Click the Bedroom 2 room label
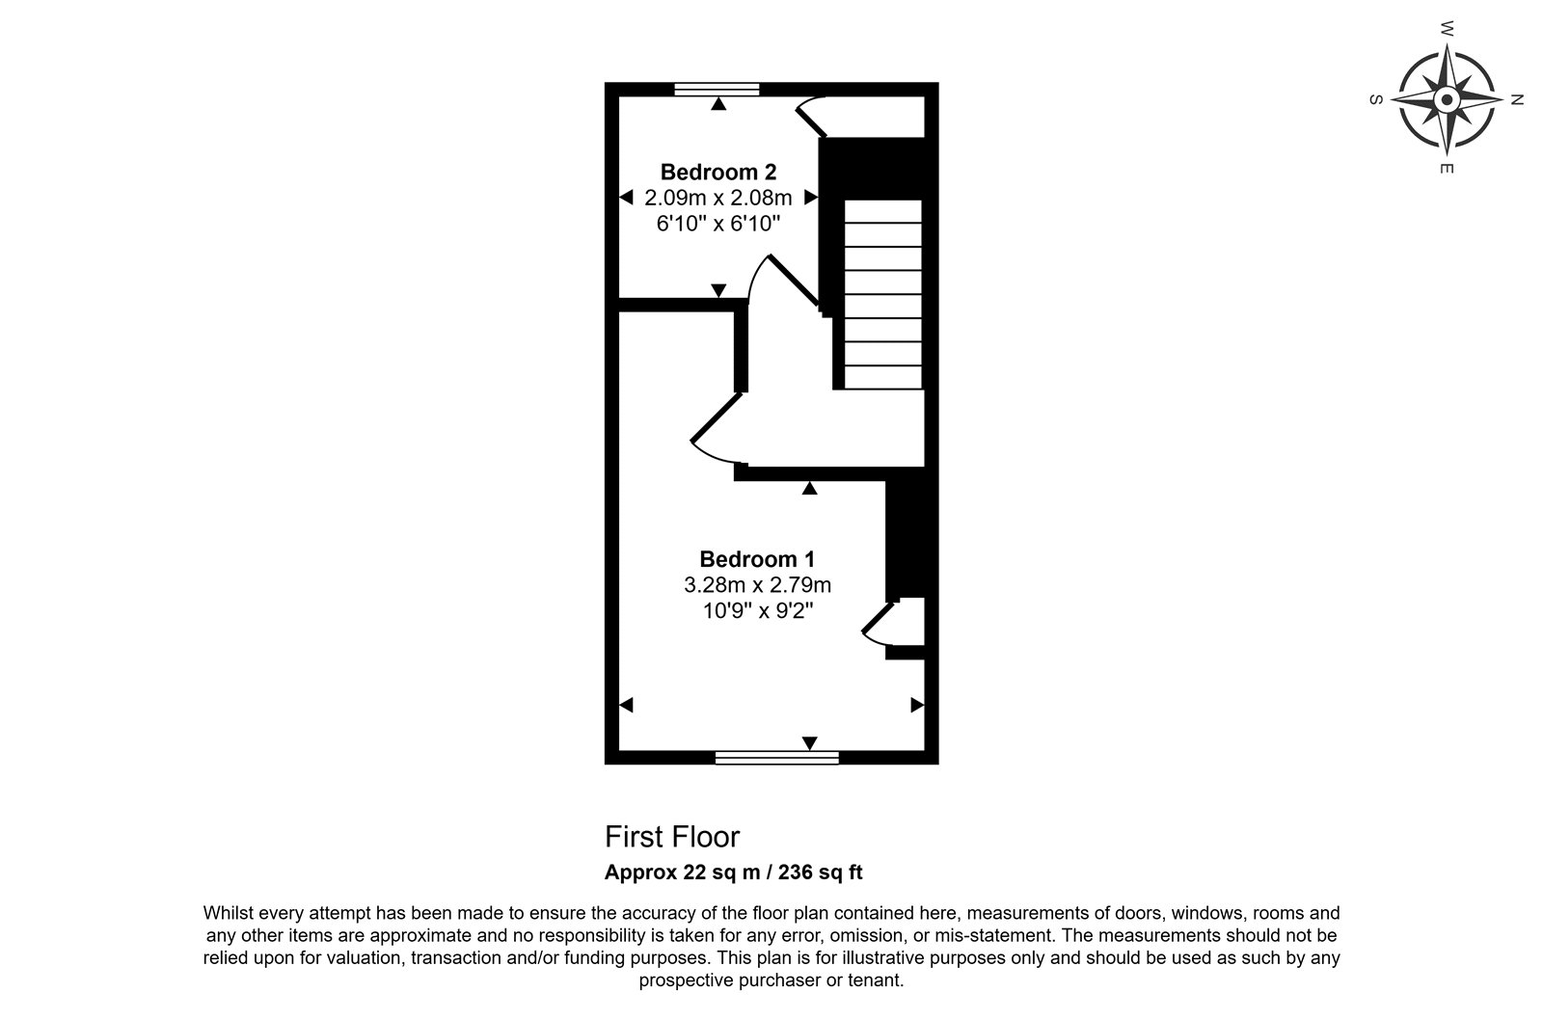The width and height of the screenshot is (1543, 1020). tap(718, 172)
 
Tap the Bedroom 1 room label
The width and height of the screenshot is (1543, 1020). tap(757, 558)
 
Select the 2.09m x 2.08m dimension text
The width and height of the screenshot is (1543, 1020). tap(718, 198)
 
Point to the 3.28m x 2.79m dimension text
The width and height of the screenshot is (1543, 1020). tap(757, 585)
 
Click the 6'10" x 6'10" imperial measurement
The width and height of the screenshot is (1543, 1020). tap(718, 223)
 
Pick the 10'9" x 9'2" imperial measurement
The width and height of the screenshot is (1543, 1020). tap(758, 610)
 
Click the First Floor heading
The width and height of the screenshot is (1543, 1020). tap(672, 837)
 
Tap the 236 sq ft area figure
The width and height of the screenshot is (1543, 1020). tap(821, 872)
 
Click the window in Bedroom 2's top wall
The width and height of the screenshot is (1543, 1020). tap(717, 89)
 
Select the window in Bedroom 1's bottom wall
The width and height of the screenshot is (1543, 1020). tap(777, 758)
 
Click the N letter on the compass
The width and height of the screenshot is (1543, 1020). tap(1516, 100)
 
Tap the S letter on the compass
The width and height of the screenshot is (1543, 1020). tap(1375, 100)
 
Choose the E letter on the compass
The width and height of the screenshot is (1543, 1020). tap(1447, 169)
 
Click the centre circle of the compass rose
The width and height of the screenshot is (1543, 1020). tap(1447, 100)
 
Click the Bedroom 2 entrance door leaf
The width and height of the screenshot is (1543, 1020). tap(794, 281)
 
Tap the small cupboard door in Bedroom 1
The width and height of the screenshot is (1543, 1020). tap(879, 616)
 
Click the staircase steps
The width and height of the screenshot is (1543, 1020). tap(883, 294)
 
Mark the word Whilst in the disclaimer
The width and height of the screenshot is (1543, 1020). tap(229, 913)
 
